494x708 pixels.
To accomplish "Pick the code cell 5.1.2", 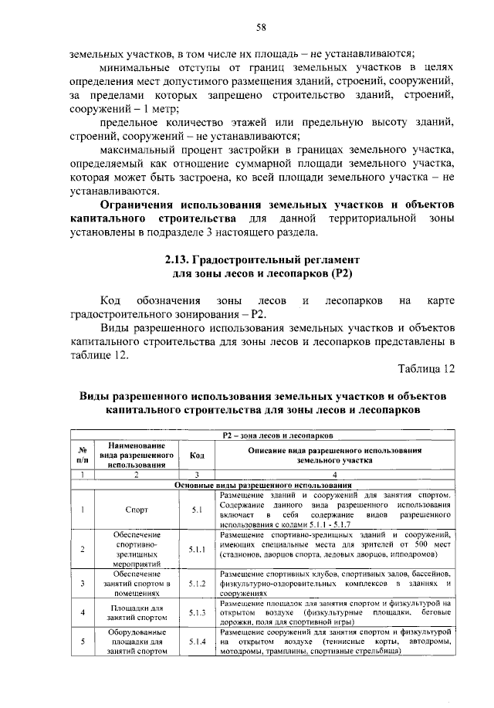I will point(197,584).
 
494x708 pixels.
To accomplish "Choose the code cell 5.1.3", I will point(197,613).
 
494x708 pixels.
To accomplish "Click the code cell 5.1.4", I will point(197,642).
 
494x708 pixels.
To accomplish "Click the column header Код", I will point(197,456).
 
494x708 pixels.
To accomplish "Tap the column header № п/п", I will point(81,456).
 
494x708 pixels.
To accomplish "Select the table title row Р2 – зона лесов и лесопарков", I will point(277,436).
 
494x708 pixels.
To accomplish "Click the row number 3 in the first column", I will point(81,584).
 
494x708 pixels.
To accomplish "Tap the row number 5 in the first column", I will point(81,642).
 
